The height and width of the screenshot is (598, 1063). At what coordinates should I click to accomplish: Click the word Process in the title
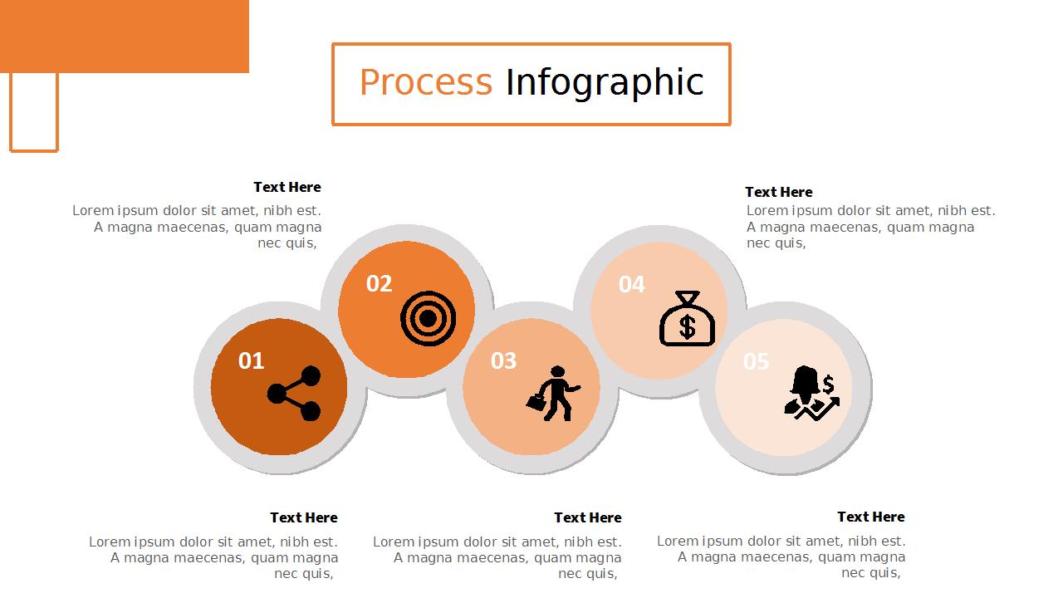[426, 82]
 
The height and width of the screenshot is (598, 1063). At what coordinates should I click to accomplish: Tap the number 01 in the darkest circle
[251, 361]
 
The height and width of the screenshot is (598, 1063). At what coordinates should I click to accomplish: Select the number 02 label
[380, 284]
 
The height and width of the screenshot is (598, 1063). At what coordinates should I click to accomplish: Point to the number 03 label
[503, 361]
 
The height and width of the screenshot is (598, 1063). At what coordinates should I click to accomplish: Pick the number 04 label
[632, 285]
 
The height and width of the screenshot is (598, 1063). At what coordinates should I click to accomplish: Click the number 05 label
[756, 362]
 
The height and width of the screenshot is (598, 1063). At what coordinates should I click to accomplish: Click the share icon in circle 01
[294, 394]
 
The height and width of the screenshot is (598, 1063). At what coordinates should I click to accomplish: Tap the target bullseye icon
[428, 318]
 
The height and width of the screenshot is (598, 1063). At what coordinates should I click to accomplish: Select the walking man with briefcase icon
[553, 394]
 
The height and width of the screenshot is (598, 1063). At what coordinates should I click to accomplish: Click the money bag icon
[687, 318]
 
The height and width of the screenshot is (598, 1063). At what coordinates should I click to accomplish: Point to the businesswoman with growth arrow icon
[812, 393]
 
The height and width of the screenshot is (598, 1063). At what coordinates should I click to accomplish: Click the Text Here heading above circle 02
[287, 188]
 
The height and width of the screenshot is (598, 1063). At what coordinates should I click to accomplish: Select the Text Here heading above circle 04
[779, 192]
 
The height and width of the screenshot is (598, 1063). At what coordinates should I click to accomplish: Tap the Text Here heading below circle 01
[304, 517]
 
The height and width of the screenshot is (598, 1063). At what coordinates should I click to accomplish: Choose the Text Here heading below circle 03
[587, 517]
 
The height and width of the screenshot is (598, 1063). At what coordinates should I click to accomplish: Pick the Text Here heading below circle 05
[871, 517]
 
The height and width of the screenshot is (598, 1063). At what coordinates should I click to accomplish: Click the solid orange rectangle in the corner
[125, 37]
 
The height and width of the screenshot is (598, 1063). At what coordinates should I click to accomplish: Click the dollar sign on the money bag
[687, 327]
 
